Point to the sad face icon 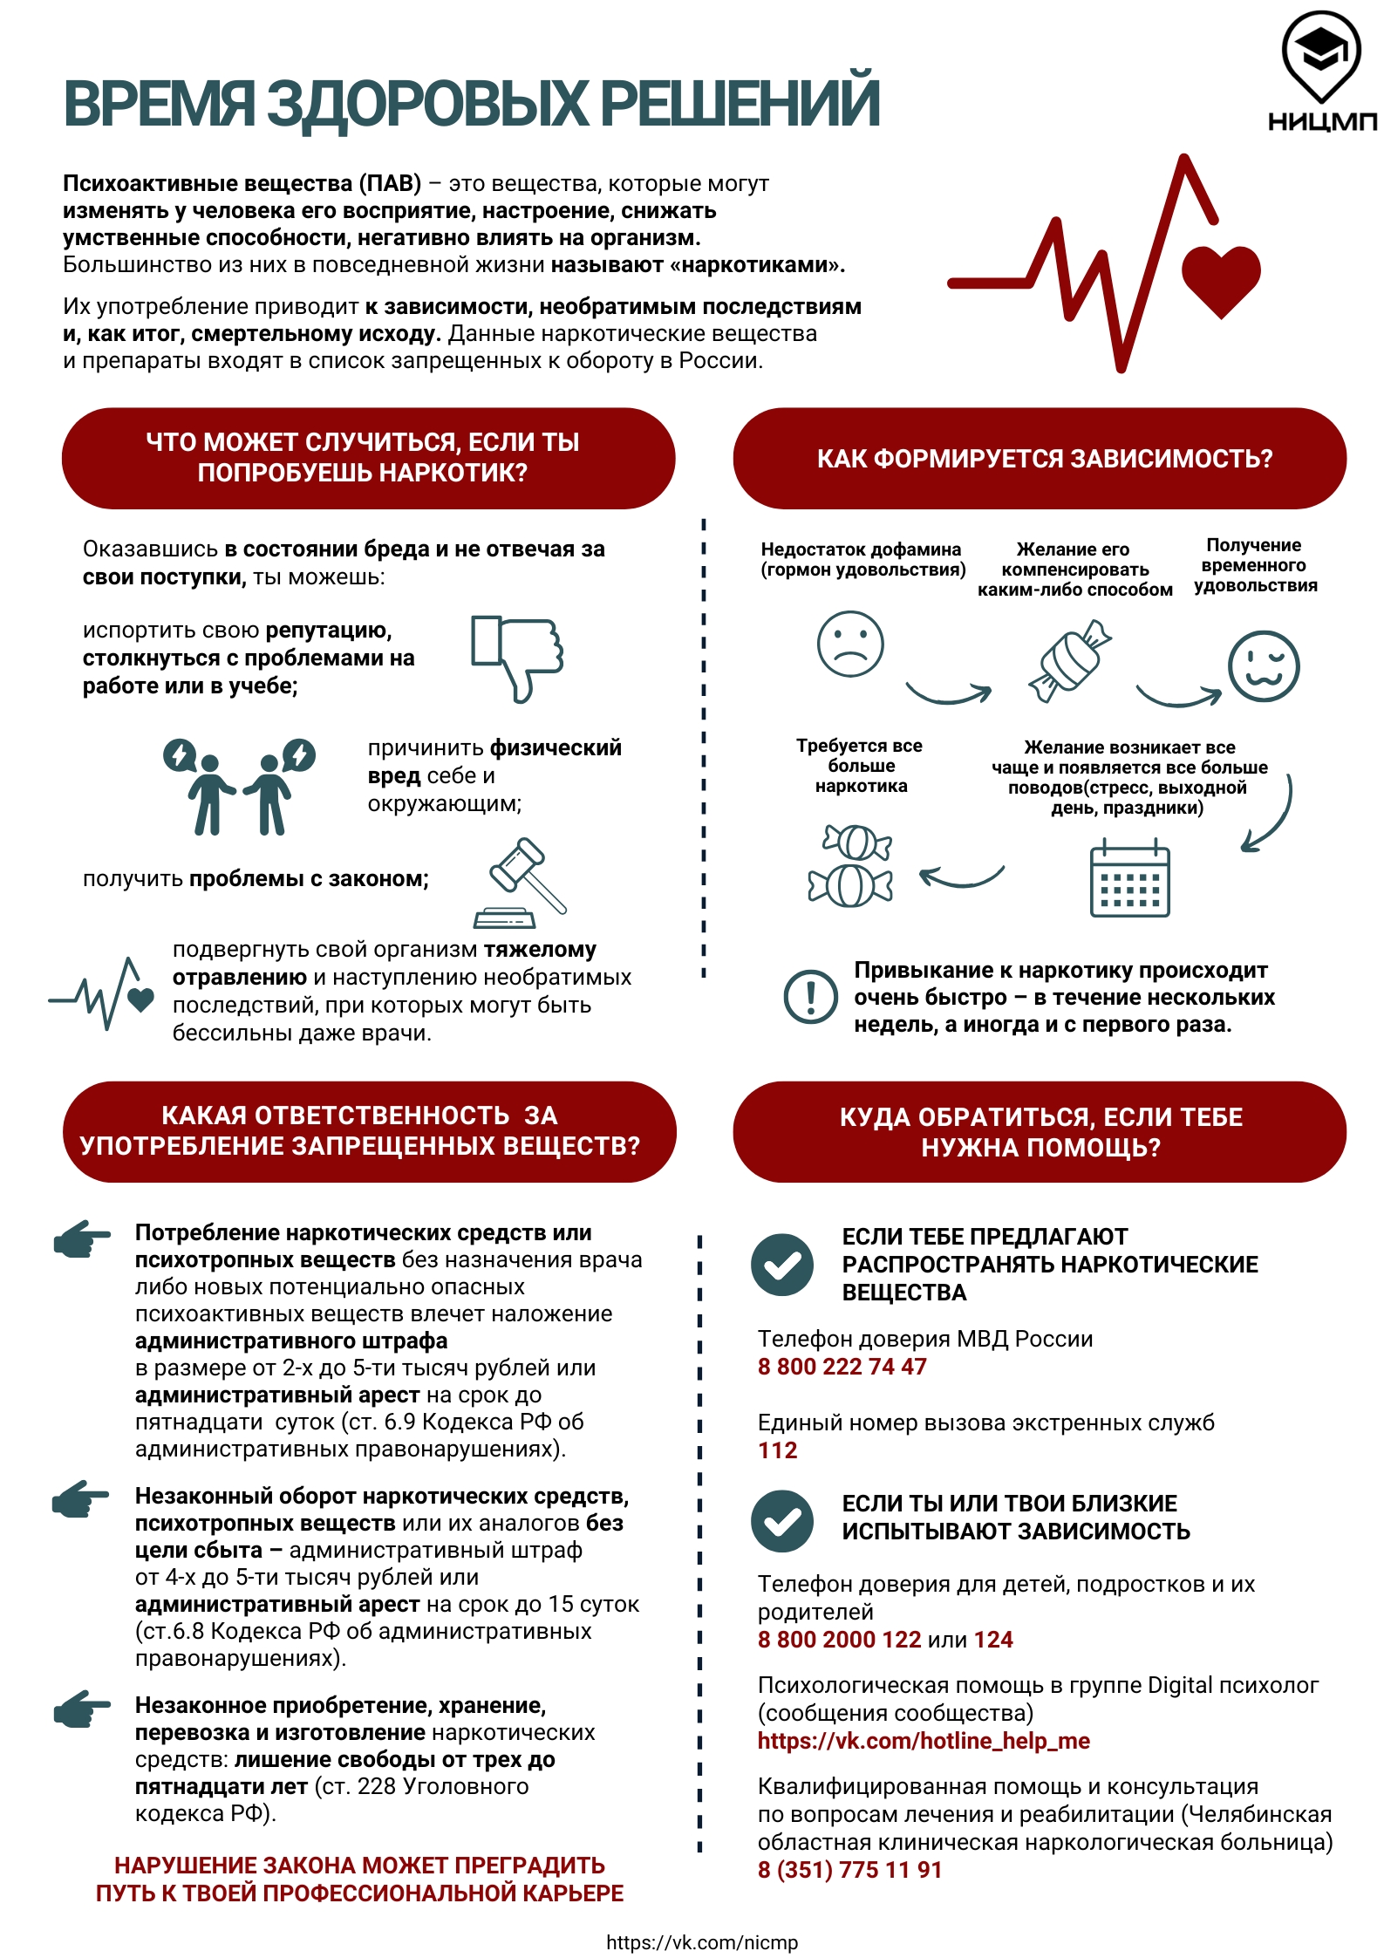tap(849, 644)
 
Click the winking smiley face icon tap(1263, 666)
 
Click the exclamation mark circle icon tap(810, 996)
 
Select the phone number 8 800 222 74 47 tap(842, 1367)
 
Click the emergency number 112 tap(777, 1450)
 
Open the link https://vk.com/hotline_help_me tap(924, 1741)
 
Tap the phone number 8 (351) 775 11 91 tap(849, 1870)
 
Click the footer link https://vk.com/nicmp tap(702, 1942)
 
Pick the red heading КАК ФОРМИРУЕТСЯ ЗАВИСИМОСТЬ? tap(1044, 459)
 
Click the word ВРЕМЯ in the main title tap(159, 104)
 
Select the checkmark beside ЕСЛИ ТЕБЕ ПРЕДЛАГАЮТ tap(782, 1265)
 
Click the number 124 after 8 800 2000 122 tap(993, 1640)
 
